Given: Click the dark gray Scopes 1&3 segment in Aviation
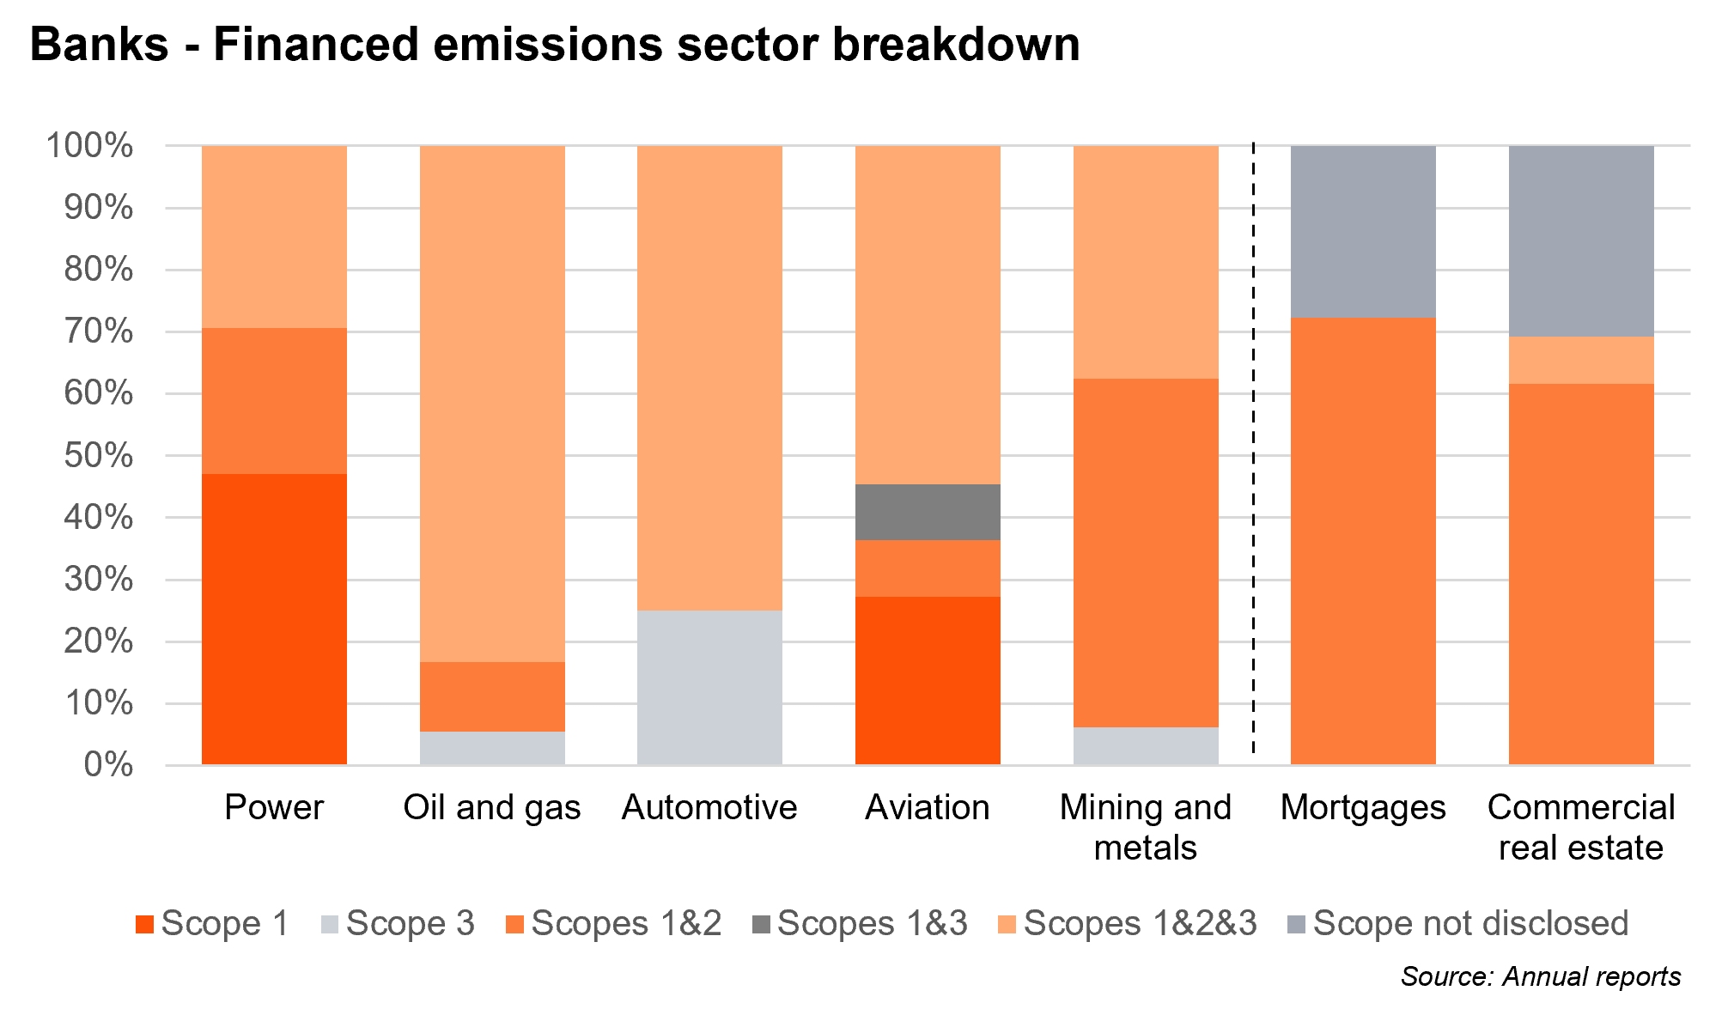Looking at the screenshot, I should pyautogui.click(x=928, y=512).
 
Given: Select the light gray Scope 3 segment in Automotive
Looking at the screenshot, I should pyautogui.click(x=709, y=687).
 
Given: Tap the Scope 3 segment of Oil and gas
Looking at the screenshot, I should pyautogui.click(x=492, y=748).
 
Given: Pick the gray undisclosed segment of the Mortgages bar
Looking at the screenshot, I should pyautogui.click(x=1363, y=231).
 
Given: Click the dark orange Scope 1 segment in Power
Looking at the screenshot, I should pyautogui.click(x=274, y=618).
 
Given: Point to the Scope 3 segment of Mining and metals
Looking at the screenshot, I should pyautogui.click(x=1146, y=746).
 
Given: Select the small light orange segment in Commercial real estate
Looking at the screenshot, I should pyautogui.click(x=1581, y=360).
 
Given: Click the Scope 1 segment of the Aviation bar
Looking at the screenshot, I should pyautogui.click(x=928, y=680).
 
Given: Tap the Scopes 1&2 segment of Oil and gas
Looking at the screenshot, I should pyautogui.click(x=492, y=696).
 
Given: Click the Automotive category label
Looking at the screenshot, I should pyautogui.click(x=709, y=808).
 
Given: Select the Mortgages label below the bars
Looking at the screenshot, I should pyautogui.click(x=1363, y=808).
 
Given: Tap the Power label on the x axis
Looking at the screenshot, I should pyautogui.click(x=274, y=808).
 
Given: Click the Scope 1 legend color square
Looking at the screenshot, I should pyautogui.click(x=144, y=925).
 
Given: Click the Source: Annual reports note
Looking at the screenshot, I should pyautogui.click(x=1541, y=976).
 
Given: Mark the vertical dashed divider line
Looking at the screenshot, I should pyautogui.click(x=1254, y=447).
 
